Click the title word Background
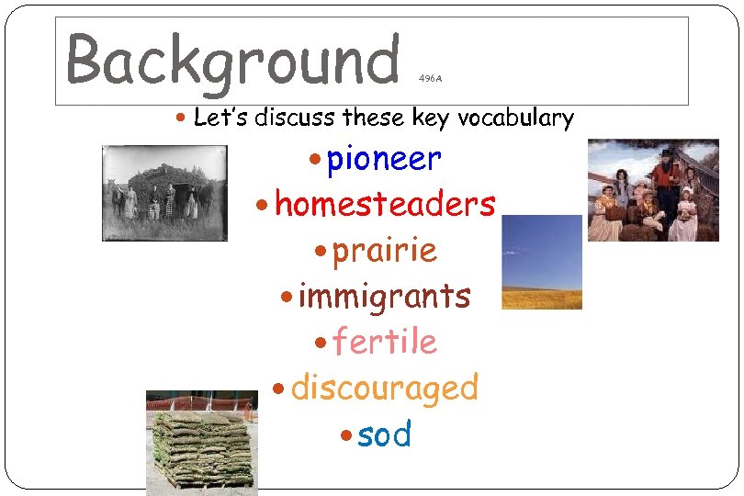pos(233,60)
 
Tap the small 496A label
pos(430,79)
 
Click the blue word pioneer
pos(384,160)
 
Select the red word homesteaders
pos(385,204)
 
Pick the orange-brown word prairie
pos(384,250)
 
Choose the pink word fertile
pos(384,342)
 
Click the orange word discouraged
pos(384,388)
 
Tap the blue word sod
pos(384,434)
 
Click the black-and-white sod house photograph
pos(164,193)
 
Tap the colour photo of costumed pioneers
pos(653,190)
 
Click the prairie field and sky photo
pos(542,262)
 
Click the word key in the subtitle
pos(431,118)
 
